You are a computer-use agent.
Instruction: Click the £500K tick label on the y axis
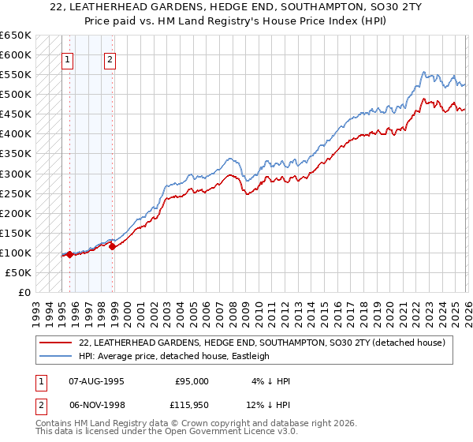pos(16,94)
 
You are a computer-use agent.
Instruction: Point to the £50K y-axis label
pos(18,272)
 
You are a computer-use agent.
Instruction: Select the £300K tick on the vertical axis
pos(16,174)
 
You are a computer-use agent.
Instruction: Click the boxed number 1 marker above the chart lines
pos(68,60)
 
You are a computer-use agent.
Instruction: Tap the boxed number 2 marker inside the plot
pos(110,60)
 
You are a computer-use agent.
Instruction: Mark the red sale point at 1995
pos(69,254)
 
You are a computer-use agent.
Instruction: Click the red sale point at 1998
pos(113,246)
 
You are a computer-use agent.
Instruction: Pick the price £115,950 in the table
pos(191,407)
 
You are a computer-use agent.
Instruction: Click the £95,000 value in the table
pos(192,381)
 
